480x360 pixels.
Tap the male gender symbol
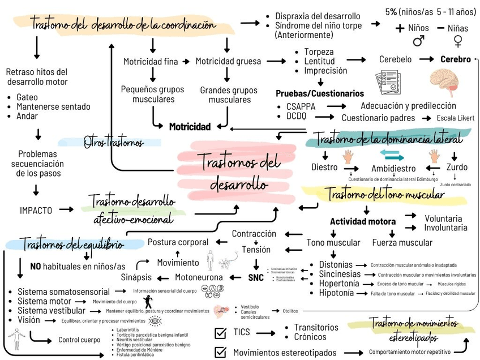point(418,41)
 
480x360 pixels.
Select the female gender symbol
point(457,41)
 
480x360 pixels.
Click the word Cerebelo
point(396,59)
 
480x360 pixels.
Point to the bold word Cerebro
point(456,59)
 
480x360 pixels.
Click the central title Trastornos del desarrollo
point(237,173)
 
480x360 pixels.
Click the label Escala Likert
point(455,118)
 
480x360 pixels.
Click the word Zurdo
point(457,167)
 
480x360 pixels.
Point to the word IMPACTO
point(36,210)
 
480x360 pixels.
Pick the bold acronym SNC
point(256,277)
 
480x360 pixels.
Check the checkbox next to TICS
point(221,332)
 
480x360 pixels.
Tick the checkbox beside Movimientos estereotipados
point(221,352)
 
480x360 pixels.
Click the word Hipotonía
point(336,293)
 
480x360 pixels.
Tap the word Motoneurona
point(199,277)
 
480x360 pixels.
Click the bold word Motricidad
point(190,126)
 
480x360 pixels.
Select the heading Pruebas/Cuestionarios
point(320,93)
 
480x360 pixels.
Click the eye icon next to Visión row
point(154,320)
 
